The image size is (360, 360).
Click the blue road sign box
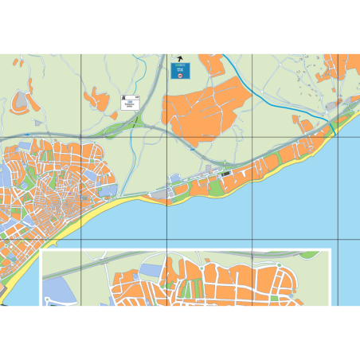coord(181,72)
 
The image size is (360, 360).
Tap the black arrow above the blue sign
coord(181,59)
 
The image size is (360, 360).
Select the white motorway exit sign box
coord(130,101)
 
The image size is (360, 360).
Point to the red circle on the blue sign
coord(181,76)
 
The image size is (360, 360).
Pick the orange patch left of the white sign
coord(97,100)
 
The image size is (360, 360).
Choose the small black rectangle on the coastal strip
coord(226,170)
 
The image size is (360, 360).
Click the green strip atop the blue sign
coord(181,65)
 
